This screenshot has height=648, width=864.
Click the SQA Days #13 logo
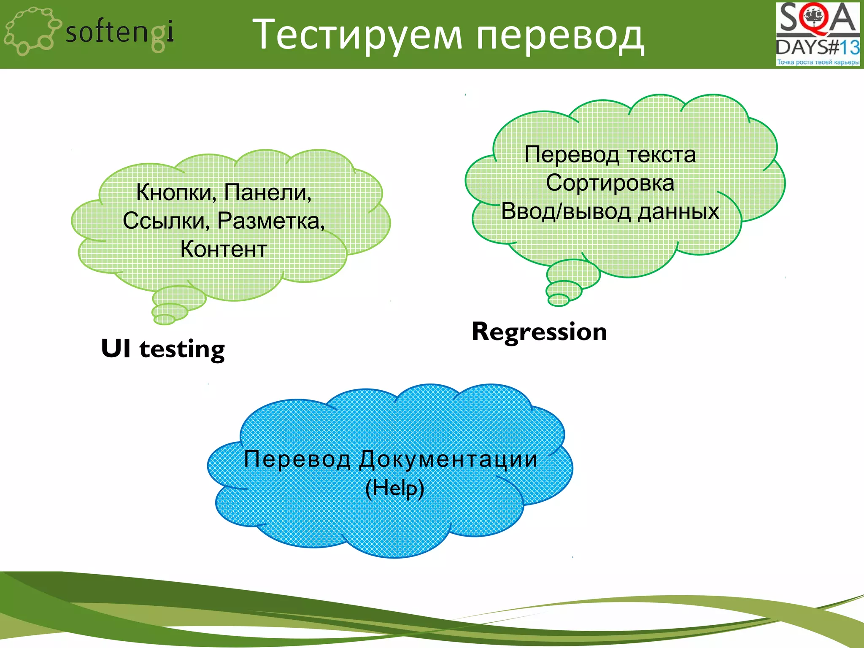coord(817,34)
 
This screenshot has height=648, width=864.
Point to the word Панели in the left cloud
coord(267,193)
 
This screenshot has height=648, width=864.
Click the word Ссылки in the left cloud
coord(166,221)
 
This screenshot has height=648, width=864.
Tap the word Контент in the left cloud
coord(224,249)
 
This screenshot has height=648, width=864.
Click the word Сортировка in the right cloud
coord(610,183)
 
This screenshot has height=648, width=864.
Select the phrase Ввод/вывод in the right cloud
coord(565,211)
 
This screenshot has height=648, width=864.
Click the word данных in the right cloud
coord(678,211)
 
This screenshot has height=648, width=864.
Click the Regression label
coord(539,332)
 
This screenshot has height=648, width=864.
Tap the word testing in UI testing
coord(182,349)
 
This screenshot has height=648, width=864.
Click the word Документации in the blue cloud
coord(448,459)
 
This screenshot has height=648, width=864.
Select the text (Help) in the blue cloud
coord(394,488)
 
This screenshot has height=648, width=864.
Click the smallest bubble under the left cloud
coord(165,319)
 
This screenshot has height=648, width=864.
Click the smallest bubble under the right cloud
coord(559,300)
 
